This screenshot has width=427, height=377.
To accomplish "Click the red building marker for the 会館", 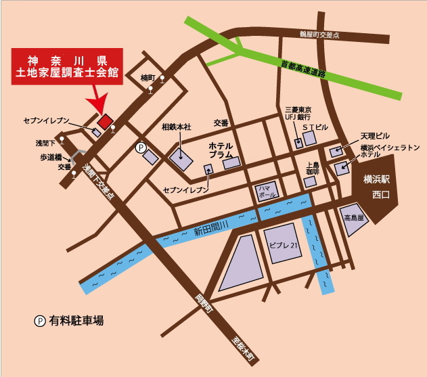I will click(104, 121).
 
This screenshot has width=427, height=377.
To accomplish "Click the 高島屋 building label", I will click(354, 218).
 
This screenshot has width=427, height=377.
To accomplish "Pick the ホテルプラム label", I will click(221, 150).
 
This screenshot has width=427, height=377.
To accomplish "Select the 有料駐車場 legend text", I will click(76, 320).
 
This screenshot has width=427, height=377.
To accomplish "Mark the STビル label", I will click(315, 127).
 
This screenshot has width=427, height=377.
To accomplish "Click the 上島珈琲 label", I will click(313, 169).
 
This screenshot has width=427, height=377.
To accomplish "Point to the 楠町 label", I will click(148, 78).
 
